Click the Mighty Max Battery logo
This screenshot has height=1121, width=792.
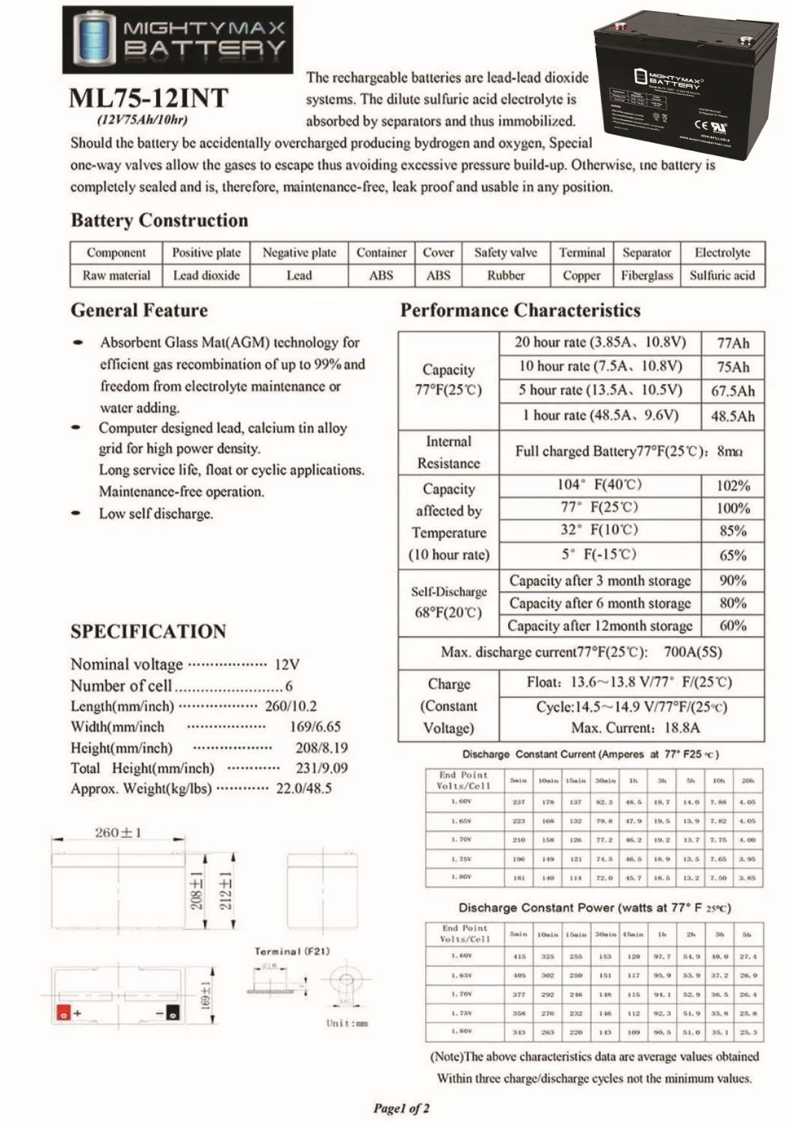pos(178,39)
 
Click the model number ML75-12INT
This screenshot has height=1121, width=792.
pos(148,99)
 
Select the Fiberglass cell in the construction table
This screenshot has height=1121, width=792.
pos(646,275)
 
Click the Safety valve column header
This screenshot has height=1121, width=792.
pos(505,253)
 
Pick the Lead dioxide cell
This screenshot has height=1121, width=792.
pos(206,275)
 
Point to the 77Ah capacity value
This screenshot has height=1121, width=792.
pos(732,343)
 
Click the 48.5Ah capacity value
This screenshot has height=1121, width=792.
pos(732,416)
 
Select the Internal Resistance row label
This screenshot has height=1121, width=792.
pos(448,452)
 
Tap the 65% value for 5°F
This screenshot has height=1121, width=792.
pos(732,555)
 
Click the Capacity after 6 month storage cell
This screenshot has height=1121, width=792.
pos(600,603)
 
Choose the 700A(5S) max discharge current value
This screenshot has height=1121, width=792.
pos(693,652)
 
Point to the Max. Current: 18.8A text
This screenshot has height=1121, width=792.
pos(625,728)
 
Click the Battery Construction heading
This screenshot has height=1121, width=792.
pos(159,220)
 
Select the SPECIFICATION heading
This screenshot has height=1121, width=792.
pos(148,631)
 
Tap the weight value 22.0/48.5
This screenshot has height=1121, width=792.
pos(303,788)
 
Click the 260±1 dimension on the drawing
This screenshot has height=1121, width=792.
pos(118,833)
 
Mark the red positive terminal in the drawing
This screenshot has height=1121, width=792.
pos(64,1013)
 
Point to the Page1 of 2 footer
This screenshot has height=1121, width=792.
pos(401,1108)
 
